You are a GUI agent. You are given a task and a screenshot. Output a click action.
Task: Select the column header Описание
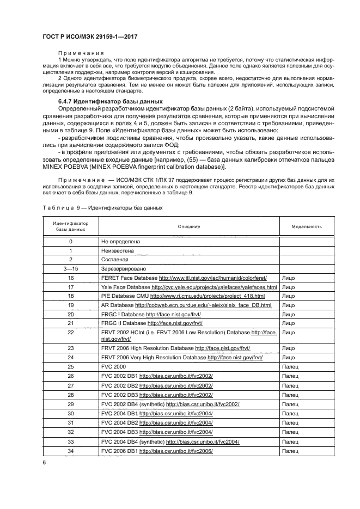tap(189, 226)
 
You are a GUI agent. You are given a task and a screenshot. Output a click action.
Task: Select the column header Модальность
tap(306, 226)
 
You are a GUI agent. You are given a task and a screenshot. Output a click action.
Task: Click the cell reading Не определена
tap(120, 241)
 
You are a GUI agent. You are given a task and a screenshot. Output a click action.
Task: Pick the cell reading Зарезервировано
tap(124, 269)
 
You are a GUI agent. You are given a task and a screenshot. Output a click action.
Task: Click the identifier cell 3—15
tap(71, 269)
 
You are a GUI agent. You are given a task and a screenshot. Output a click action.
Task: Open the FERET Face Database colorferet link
tap(219, 278)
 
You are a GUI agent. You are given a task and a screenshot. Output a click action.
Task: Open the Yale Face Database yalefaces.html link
tap(214, 287)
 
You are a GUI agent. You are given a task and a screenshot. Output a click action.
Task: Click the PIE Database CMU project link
tap(207, 296)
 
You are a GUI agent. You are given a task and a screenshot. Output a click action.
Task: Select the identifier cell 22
tap(71, 332)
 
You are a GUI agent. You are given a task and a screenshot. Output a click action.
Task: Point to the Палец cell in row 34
tap(291, 451)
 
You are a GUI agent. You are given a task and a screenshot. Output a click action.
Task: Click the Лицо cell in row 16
tap(289, 278)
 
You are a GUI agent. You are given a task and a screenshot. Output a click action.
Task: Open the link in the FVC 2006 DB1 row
tap(175, 451)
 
